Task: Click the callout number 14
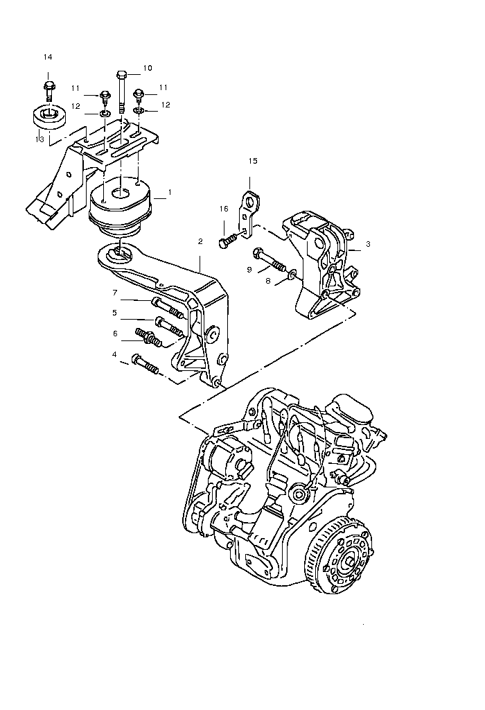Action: [x=48, y=56]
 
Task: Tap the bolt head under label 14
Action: [x=48, y=87]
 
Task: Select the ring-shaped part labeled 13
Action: [x=48, y=116]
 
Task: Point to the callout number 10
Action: [x=148, y=68]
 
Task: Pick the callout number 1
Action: [x=170, y=191]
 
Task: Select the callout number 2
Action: [x=200, y=241]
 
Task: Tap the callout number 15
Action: [x=253, y=161]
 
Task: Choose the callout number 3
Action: [x=369, y=244]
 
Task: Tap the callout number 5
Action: [x=116, y=312]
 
